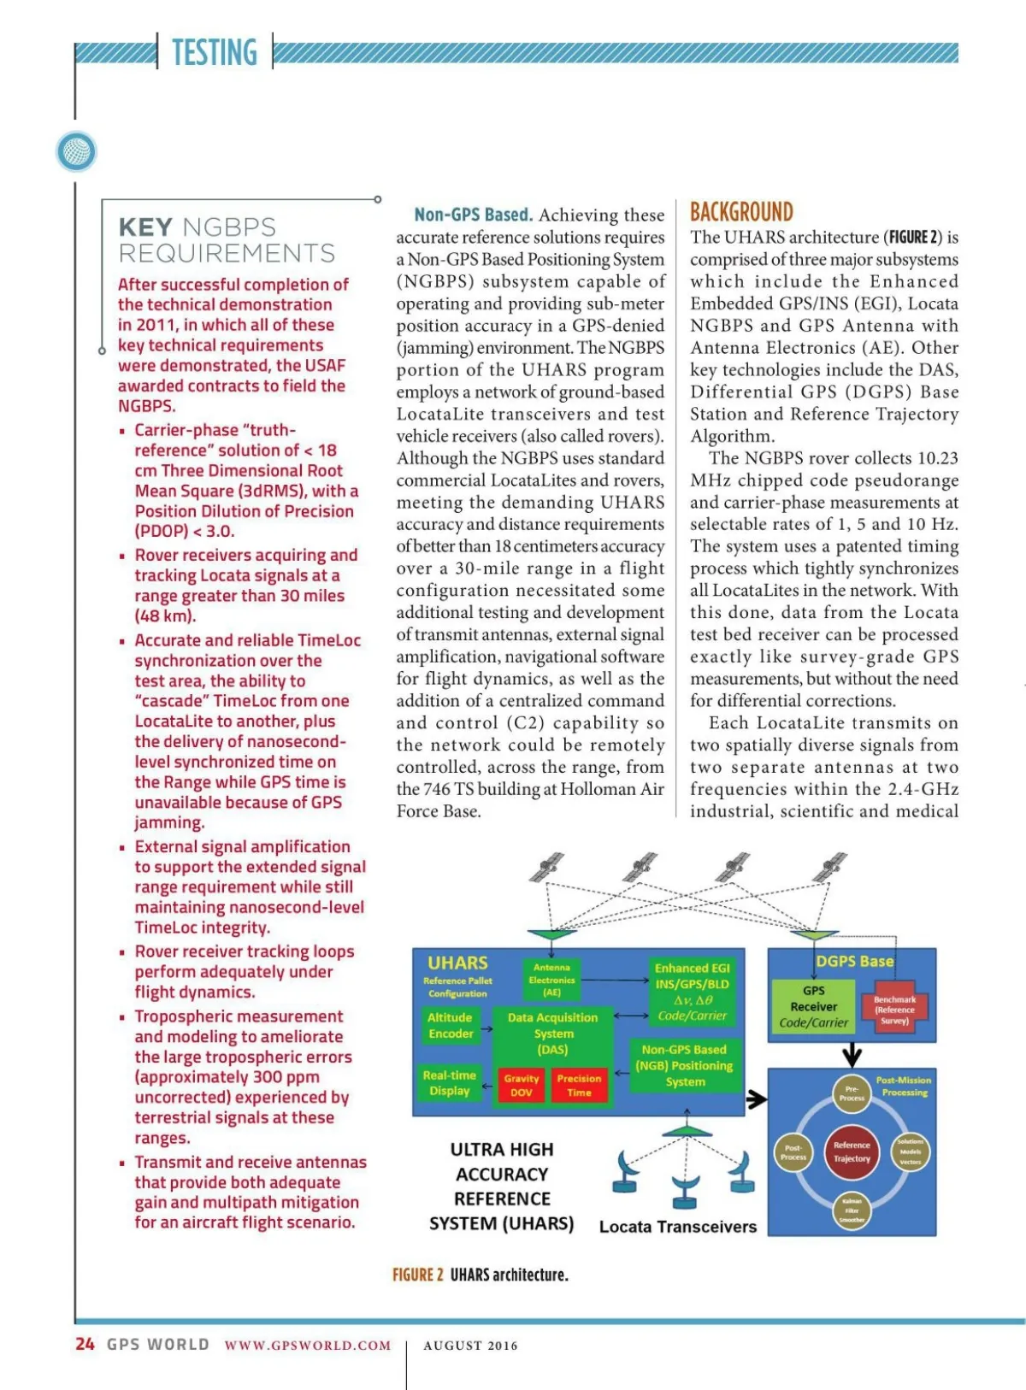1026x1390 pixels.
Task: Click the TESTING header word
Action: click(x=214, y=52)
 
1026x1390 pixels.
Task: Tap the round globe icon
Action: click(x=76, y=152)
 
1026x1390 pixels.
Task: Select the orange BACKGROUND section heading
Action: click(x=741, y=212)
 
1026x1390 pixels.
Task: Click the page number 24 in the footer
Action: click(x=85, y=1344)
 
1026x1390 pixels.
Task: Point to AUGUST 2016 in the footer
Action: click(x=470, y=1346)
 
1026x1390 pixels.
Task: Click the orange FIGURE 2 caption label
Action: click(x=417, y=1275)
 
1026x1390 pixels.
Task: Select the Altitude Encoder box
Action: click(x=451, y=1025)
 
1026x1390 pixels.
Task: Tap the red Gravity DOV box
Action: click(x=521, y=1085)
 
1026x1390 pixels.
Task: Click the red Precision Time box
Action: click(x=579, y=1085)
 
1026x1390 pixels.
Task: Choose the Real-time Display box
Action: click(x=450, y=1082)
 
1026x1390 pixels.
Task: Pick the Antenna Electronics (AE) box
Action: click(x=551, y=980)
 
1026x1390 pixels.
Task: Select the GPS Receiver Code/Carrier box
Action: click(x=813, y=1006)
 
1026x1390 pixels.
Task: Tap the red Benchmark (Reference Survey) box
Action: click(x=894, y=1010)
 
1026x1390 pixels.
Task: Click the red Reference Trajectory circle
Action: click(x=852, y=1151)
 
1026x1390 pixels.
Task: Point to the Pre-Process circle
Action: click(x=852, y=1093)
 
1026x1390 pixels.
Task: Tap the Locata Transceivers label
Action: click(x=678, y=1227)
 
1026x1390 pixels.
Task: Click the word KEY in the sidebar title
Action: click(x=145, y=227)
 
